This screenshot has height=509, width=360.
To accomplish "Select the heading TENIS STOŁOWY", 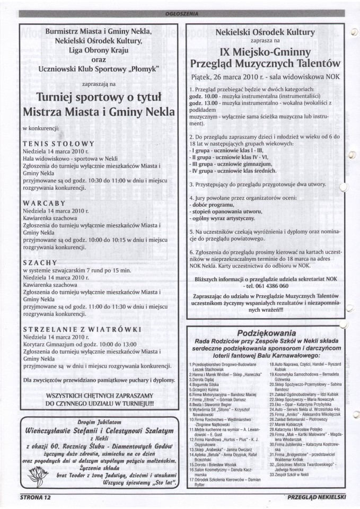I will point(59,143).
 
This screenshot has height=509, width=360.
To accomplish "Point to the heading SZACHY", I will point(40,262).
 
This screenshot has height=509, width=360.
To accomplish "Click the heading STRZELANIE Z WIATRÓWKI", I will point(74,329).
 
